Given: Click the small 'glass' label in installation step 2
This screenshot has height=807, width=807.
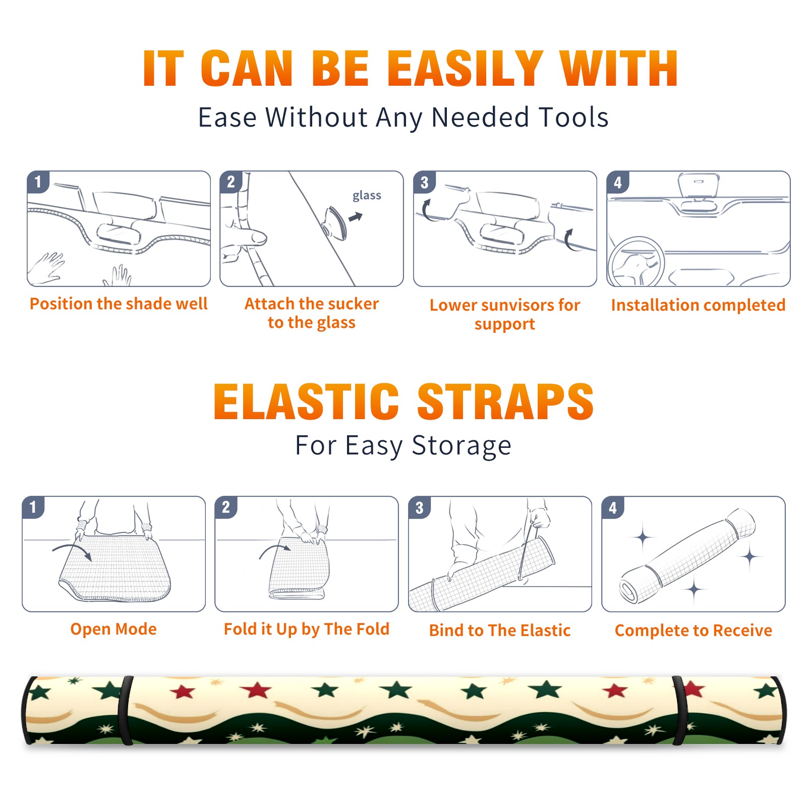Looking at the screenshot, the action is click(x=367, y=196).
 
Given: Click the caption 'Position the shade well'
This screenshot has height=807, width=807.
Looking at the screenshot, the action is click(x=119, y=304).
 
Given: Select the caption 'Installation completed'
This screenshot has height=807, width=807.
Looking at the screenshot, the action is click(x=698, y=305).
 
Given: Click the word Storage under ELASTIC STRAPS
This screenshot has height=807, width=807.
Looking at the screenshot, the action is click(x=462, y=446).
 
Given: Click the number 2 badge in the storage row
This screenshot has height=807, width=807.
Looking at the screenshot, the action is click(x=226, y=507).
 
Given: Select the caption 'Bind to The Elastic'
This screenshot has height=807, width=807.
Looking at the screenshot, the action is click(x=500, y=630).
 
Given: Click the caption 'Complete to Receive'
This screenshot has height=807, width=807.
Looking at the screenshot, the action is click(x=694, y=630).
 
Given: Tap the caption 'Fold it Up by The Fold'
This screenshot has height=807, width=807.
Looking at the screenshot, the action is click(x=307, y=629).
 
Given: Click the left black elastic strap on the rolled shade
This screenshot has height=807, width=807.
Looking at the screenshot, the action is click(x=126, y=711).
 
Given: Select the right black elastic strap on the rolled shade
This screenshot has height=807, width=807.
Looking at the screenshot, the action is click(x=679, y=711).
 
